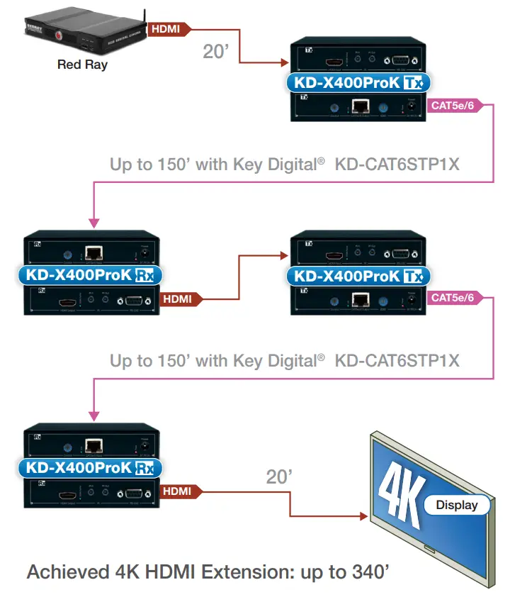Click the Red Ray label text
tap(81, 65)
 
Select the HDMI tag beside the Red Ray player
tap(166, 29)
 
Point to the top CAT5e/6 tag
tap(453, 108)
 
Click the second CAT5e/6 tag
tap(453, 298)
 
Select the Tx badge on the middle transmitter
tap(412, 277)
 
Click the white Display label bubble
tap(457, 506)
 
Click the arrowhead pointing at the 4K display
tap(365, 515)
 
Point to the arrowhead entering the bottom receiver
tap(92, 414)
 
